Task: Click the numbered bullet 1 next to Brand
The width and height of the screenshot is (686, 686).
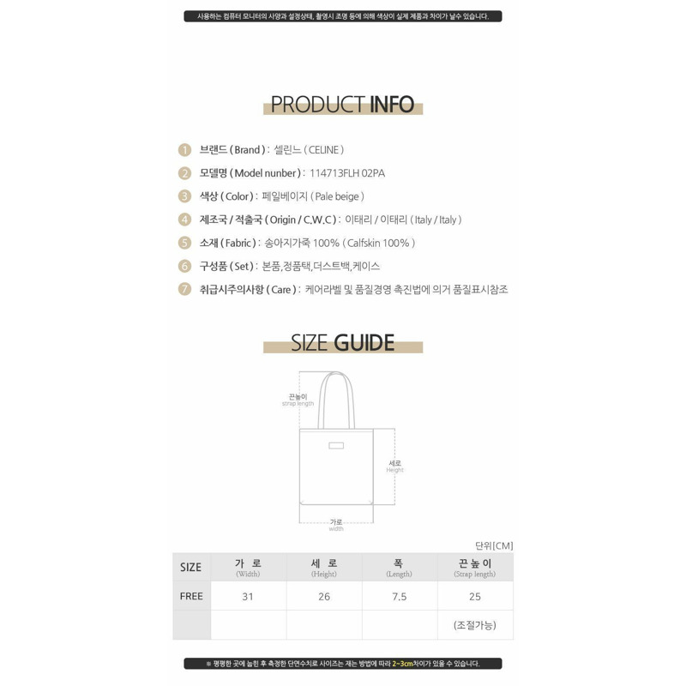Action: pos(184,150)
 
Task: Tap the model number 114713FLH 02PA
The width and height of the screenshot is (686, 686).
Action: pos(347,173)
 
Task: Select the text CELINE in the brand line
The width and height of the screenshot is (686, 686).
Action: pos(324,150)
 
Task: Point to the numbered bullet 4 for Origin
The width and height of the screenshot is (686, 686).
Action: pos(184,220)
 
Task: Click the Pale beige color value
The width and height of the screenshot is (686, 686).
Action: pos(337,196)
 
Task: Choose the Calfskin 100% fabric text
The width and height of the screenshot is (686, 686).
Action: pos(378,243)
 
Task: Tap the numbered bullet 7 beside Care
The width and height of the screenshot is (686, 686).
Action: pos(184,289)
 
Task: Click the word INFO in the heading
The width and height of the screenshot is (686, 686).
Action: pos(392,104)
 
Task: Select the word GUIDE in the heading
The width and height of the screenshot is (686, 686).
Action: pos(364,342)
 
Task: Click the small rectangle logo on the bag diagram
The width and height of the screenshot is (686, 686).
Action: pos(336,445)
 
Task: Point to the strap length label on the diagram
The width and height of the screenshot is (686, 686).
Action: pos(298,400)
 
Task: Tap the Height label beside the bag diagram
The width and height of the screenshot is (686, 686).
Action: pos(394,466)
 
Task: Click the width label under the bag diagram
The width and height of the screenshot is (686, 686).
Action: pos(336,525)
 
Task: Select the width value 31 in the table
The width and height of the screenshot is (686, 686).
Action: pos(248,596)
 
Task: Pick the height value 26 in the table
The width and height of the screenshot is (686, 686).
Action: pos(324,596)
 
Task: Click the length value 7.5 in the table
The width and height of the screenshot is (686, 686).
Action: pos(400,596)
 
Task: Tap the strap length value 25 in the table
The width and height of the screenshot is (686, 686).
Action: pos(475,596)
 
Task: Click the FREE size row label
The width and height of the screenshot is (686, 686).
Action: pos(191,596)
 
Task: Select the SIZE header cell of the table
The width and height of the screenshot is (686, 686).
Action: pos(191,567)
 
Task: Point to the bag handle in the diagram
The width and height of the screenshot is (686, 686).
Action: pos(336,400)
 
